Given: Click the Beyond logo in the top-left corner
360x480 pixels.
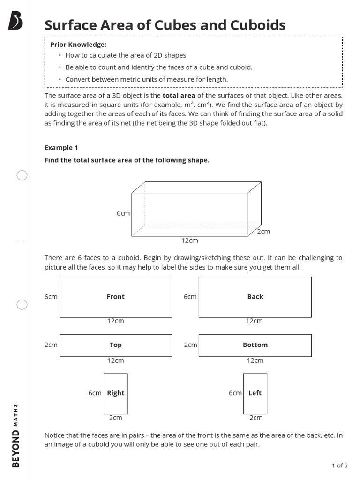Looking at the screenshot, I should pyautogui.click(x=15, y=21).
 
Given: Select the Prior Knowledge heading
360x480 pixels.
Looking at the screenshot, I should pyautogui.click(x=78, y=45).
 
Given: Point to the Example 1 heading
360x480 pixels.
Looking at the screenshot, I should pyautogui.click(x=61, y=148).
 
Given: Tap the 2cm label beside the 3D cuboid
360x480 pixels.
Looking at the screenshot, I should pyautogui.click(x=263, y=232).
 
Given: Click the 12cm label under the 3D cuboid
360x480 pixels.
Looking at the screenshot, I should pyautogui.click(x=190, y=240).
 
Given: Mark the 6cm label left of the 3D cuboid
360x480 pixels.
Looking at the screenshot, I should pyautogui.click(x=123, y=213).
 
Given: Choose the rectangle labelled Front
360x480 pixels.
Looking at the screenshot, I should pyautogui.click(x=116, y=297).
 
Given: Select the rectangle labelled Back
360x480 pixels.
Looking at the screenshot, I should pyautogui.click(x=255, y=297).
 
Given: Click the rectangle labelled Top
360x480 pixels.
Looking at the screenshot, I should pyautogui.click(x=116, y=345).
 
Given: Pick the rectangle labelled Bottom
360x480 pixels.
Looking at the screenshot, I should pyautogui.click(x=255, y=345).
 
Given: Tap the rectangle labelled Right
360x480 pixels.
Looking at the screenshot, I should pyautogui.click(x=115, y=393).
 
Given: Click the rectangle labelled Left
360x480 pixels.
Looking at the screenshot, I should pyautogui.click(x=255, y=393).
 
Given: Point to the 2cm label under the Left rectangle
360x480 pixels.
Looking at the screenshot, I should pyautogui.click(x=255, y=418).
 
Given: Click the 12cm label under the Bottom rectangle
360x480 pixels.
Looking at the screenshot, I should pyautogui.click(x=255, y=360).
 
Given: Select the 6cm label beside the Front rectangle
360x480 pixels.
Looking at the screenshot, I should pyautogui.click(x=51, y=297).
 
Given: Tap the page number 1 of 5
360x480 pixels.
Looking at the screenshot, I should pyautogui.click(x=339, y=465).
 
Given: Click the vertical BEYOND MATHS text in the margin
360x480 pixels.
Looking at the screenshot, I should pyautogui.click(x=16, y=435).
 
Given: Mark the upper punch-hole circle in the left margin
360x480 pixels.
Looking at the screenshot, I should pyautogui.click(x=22, y=176).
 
